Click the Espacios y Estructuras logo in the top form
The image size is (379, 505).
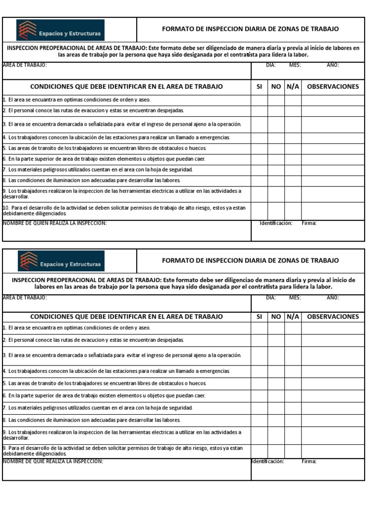[x=61, y=30]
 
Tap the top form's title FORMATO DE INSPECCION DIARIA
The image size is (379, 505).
[x=251, y=29]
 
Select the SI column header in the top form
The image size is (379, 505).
[x=259, y=86]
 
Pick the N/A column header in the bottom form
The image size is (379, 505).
[x=293, y=317]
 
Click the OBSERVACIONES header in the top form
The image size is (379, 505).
[x=333, y=86]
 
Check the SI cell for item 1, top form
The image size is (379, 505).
[x=259, y=100]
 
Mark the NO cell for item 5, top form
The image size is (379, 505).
[x=276, y=148]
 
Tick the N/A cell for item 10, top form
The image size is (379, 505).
[x=293, y=211]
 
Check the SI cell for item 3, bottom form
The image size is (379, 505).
[x=259, y=355]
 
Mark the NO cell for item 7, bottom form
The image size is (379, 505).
[x=276, y=408]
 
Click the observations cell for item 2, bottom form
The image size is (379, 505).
[x=333, y=340]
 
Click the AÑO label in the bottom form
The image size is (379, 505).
[x=333, y=297]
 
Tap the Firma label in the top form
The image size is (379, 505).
[x=309, y=223]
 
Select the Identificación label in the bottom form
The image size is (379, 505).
[x=267, y=462]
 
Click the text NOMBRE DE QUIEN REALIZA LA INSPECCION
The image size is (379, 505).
[x=55, y=223]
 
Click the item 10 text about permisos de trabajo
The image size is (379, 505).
[x=124, y=211]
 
